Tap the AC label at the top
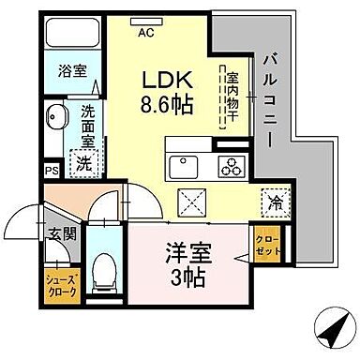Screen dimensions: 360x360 pos(145,32)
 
